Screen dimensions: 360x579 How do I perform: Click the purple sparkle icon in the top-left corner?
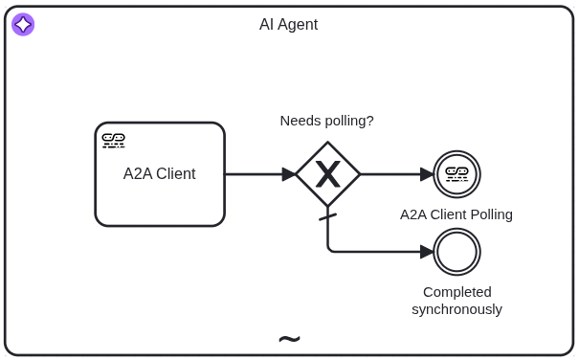pos(23,25)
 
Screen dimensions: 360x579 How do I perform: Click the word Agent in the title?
pos(299,25)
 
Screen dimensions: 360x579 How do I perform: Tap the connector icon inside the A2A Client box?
pos(114,141)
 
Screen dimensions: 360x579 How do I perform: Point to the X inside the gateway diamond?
pos(328,174)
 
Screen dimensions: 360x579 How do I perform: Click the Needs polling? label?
pos(326,121)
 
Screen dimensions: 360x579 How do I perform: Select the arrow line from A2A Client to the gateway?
pos(253,174)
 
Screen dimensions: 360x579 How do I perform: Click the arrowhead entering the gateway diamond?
pos(289,174)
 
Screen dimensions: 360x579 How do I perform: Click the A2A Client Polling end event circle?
pos(457,174)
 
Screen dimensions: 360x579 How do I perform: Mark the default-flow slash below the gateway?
pos(328,217)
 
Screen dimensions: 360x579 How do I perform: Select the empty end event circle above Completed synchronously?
pos(457,252)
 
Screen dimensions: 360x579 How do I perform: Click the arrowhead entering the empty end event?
pos(427,252)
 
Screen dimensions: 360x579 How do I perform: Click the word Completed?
pos(457,292)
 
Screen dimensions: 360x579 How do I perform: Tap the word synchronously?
pos(457,309)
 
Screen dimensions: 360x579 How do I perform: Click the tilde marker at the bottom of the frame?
pos(289,339)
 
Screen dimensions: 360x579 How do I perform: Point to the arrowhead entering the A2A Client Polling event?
pos(427,174)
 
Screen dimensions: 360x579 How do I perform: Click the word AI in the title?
pos(267,25)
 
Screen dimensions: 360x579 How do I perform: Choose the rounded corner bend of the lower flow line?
pos(330,250)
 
